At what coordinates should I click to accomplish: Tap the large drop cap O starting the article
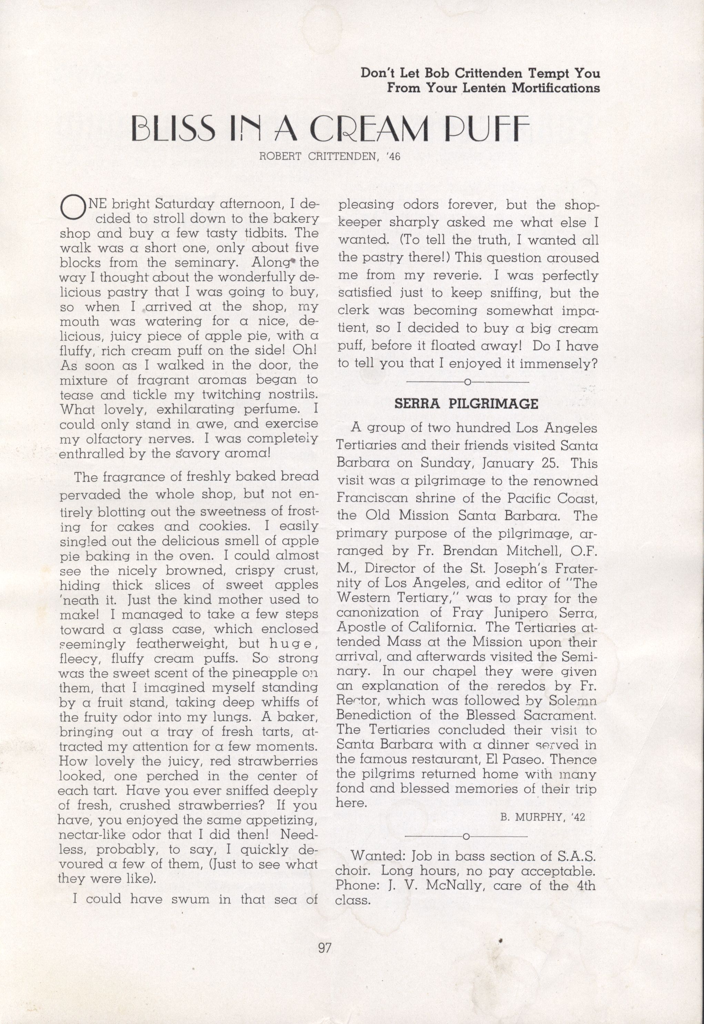point(73,207)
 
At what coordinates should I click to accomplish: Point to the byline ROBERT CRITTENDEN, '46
point(330,157)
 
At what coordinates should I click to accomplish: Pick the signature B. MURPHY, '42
point(543,817)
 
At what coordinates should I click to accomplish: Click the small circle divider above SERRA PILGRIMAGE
point(467,382)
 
